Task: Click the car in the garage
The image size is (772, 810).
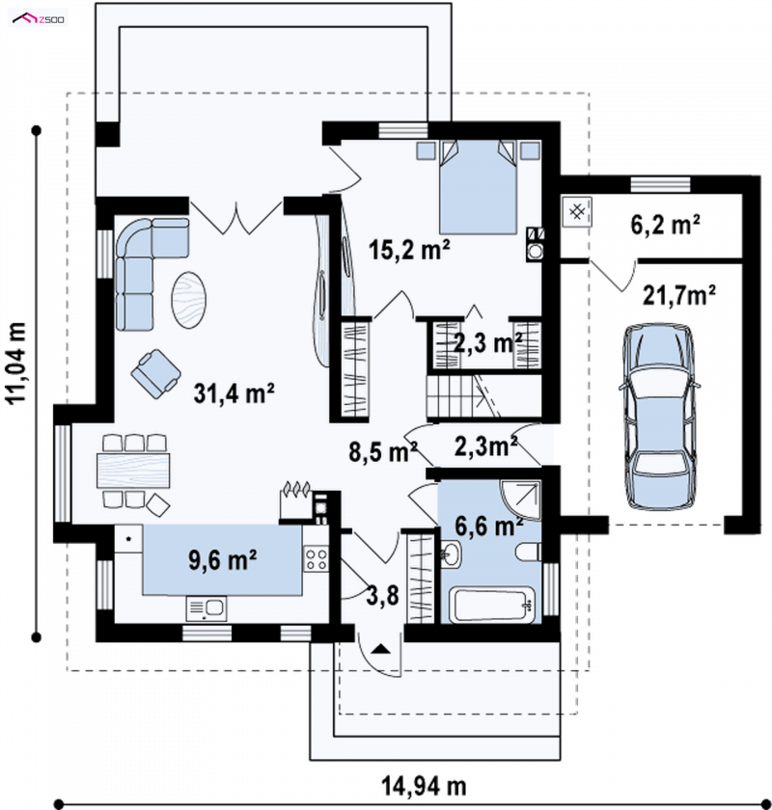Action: coord(659,417)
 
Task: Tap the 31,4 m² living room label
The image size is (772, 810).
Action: coord(234,393)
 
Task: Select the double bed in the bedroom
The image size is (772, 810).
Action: coord(478,187)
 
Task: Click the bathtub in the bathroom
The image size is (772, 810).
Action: coord(492,605)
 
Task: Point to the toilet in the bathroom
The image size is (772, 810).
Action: coord(529,552)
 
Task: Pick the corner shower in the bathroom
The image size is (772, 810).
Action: coord(520,499)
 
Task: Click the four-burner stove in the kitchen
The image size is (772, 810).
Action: coord(316,559)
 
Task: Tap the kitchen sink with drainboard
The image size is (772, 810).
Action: coord(207,608)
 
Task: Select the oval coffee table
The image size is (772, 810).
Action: coord(189,300)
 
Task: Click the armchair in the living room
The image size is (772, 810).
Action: coord(155,373)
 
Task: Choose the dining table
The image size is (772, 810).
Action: coord(133,471)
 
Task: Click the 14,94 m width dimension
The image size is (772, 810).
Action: coord(424,786)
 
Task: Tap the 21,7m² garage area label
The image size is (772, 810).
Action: coord(679,295)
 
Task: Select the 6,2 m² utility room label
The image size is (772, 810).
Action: coord(666,225)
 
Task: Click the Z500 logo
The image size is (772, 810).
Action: coord(39,19)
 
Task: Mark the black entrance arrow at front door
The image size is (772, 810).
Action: coord(381,649)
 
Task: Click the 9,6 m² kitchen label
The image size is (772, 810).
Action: coord(222,560)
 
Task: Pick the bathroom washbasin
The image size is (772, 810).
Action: coord(451,554)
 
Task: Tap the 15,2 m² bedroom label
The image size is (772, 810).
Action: coord(409,250)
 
